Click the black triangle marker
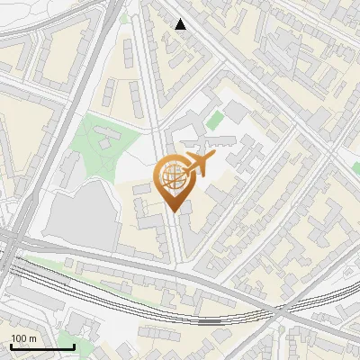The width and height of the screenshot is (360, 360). tap(181, 24)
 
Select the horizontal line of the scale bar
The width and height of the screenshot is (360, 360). tap(41, 346)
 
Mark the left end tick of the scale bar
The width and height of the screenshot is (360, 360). tap(11, 345)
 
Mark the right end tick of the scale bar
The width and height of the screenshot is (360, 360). tap(73, 345)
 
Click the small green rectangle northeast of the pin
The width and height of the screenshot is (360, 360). tap(214, 120)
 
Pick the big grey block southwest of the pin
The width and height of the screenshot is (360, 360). tap(83, 216)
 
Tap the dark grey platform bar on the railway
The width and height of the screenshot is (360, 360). tap(210, 320)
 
